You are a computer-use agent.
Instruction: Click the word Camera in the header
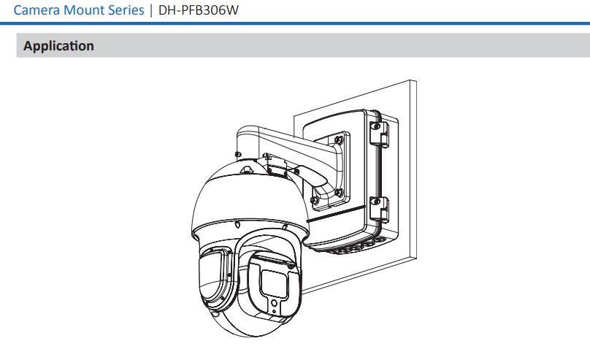point(37,10)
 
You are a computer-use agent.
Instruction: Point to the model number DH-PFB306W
point(199,10)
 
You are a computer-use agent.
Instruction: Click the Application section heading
point(58,46)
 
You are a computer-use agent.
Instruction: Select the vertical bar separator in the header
point(151,10)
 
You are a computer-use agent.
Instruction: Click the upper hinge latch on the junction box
point(378,134)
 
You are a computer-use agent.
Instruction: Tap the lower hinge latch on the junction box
point(378,210)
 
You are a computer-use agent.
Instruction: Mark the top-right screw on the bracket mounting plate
point(339,140)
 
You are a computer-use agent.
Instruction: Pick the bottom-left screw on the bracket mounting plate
point(314,200)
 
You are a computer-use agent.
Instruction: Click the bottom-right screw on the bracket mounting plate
point(339,193)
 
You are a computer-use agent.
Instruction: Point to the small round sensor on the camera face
point(275,303)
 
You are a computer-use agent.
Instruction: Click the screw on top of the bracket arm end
point(237,154)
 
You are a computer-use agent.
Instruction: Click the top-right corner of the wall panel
point(416,80)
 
